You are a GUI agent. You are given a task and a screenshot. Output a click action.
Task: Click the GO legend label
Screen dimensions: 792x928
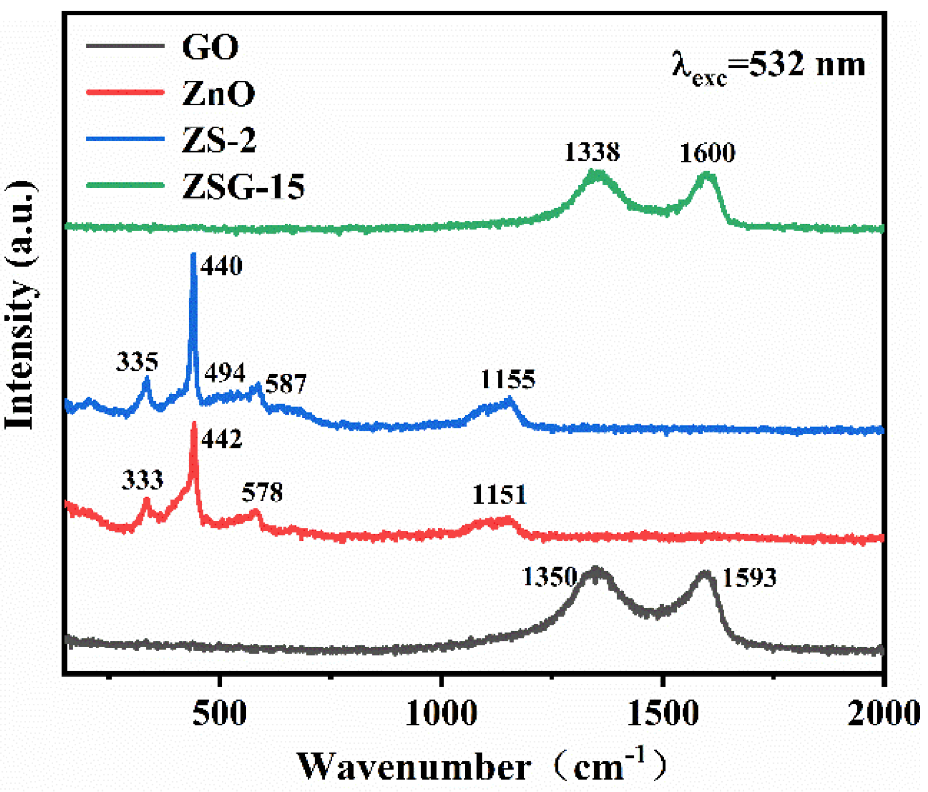210,47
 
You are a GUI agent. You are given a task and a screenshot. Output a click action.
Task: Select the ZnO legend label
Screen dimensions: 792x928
218,94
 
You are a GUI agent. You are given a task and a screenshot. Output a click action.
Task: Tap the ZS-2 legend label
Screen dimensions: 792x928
218,140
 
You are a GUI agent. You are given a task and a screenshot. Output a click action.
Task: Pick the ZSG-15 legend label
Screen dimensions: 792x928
243,187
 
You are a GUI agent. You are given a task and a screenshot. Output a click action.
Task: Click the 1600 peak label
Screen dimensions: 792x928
707,153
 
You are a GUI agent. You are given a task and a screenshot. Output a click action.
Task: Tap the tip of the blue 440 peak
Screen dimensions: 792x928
194,255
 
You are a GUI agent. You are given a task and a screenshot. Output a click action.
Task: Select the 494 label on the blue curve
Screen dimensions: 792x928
224,373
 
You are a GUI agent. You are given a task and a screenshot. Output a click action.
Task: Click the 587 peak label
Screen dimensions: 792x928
286,384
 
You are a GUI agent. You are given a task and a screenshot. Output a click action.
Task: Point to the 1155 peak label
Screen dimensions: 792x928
508,379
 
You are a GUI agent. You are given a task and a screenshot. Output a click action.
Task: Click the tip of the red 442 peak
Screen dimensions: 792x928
194,424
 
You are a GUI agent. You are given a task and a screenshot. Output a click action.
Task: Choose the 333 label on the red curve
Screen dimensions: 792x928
142,481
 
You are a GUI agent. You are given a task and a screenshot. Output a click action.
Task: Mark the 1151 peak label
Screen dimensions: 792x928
499,495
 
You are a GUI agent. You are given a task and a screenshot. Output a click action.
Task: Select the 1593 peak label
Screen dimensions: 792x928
749,578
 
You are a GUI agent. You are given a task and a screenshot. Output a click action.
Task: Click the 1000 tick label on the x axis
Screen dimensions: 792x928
441,714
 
